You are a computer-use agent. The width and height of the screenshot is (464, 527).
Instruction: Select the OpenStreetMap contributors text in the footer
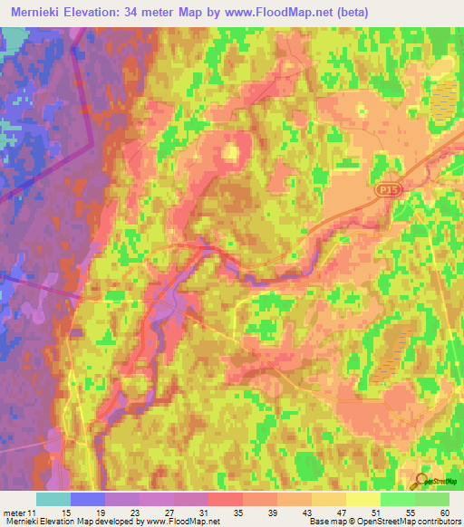click(407, 521)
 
